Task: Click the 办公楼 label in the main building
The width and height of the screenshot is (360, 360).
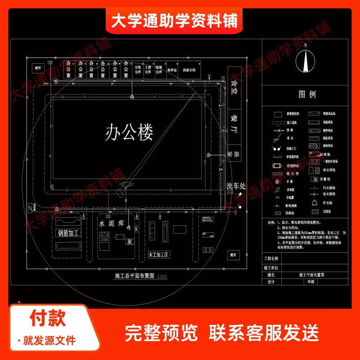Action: (x=130, y=133)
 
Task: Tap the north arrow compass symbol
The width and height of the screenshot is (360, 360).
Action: (x=305, y=59)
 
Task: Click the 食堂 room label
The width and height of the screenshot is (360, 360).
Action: (x=234, y=87)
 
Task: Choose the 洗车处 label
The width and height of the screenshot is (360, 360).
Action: (x=236, y=186)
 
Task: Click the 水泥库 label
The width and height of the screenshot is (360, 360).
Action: (x=111, y=223)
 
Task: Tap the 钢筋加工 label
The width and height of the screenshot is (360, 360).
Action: (x=68, y=233)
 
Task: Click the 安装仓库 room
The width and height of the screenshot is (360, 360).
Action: (x=138, y=70)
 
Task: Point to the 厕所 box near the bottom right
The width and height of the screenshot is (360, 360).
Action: (x=233, y=255)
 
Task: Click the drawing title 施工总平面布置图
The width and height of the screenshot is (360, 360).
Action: (x=135, y=276)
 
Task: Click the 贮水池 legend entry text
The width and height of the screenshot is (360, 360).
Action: (x=330, y=203)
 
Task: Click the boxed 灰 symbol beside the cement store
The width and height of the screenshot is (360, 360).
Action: (x=130, y=242)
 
